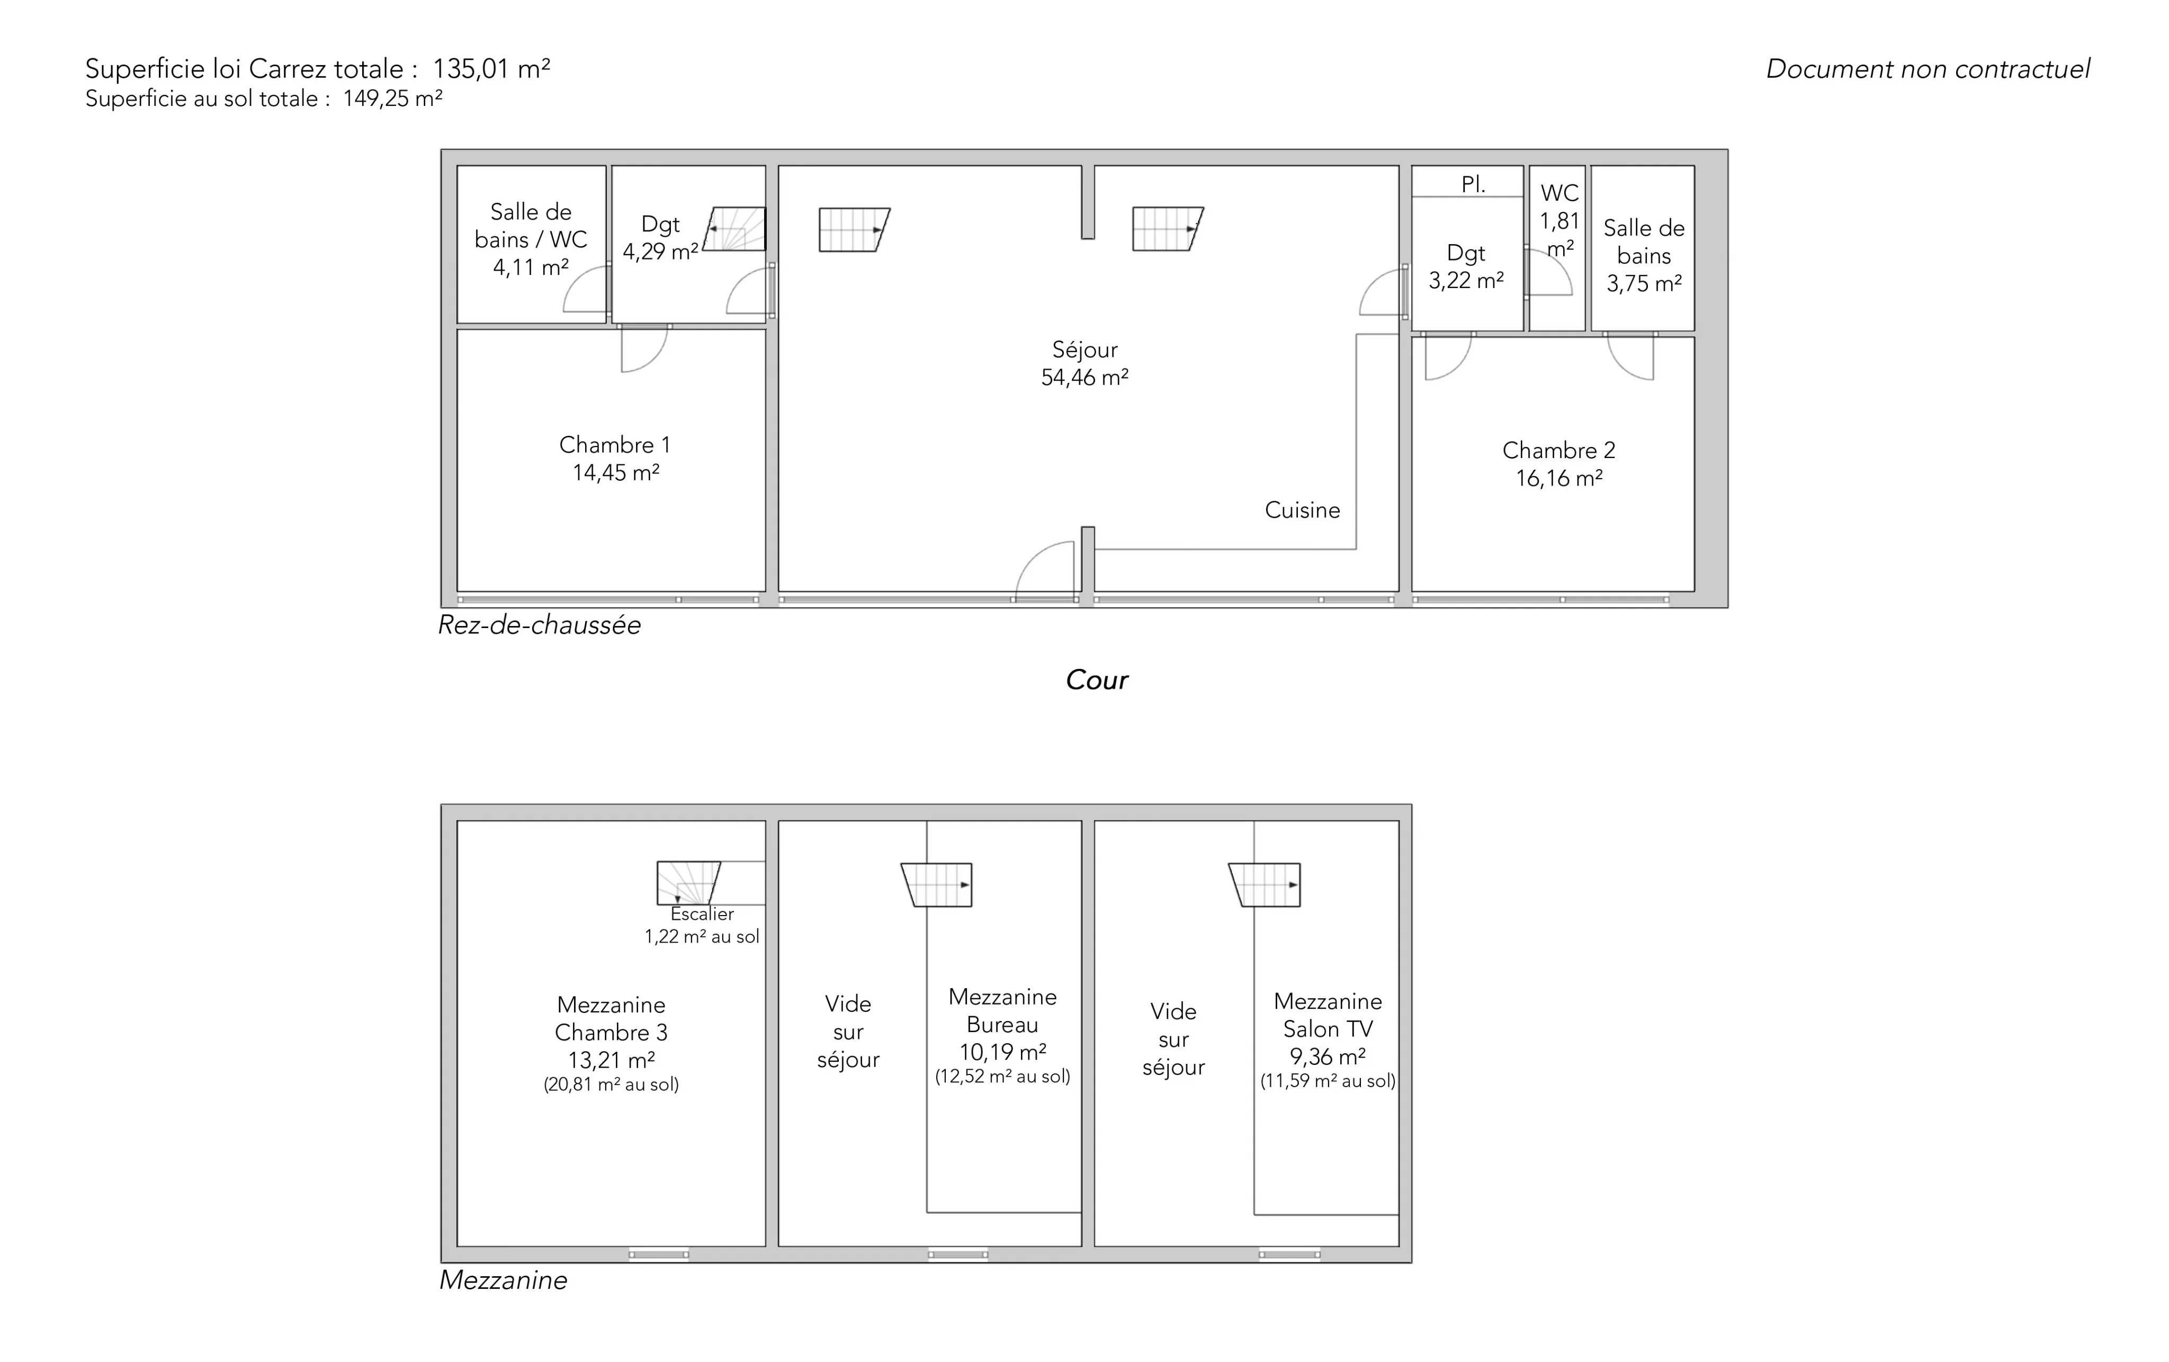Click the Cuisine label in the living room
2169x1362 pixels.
pos(1303,510)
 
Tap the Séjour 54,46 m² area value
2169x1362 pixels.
pos(1084,378)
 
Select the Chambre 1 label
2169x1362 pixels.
pos(615,445)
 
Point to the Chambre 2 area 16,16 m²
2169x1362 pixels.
pos(1559,478)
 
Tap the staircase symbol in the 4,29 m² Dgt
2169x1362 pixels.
pos(734,229)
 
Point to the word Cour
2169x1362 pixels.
pos(1096,679)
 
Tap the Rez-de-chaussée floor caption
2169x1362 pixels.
pos(540,625)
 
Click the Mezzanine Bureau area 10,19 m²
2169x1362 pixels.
pos(1002,1052)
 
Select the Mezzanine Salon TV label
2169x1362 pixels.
pos(1328,1015)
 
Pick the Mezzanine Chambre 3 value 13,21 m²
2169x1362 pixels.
pos(612,1060)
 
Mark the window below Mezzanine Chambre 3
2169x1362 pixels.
pos(658,1254)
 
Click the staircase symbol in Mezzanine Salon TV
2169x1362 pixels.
pos(1265,884)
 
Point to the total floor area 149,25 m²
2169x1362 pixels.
pos(393,98)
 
